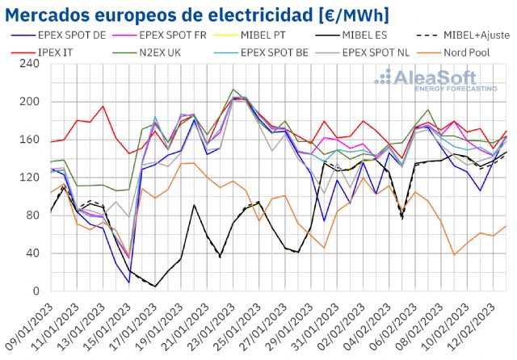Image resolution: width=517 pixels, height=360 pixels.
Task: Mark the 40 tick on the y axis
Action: [x=32, y=253]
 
